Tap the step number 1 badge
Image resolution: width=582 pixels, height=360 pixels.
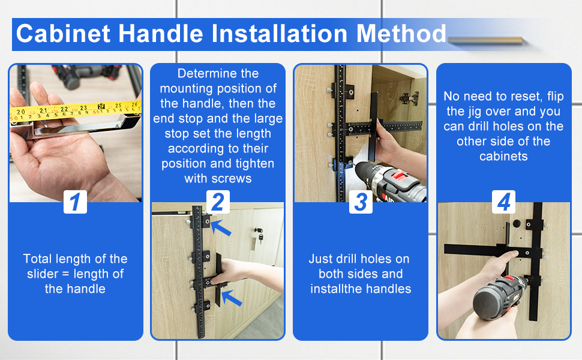pos(75,202)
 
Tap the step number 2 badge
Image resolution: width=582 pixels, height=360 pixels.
pos(218,202)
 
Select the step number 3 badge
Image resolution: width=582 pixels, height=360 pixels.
pos(361,202)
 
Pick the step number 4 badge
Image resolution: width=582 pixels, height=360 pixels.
pos(503,202)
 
